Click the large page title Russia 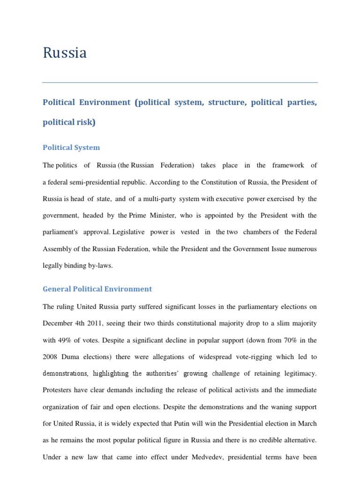(65, 53)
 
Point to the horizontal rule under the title (180, 83)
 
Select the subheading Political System (71, 148)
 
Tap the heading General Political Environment (97, 289)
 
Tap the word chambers (256, 232)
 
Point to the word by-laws (99, 266)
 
